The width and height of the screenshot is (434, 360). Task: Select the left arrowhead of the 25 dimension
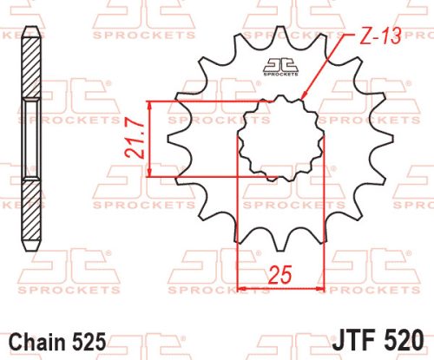tap(242, 287)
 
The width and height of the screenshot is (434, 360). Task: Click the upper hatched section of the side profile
tap(31, 69)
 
